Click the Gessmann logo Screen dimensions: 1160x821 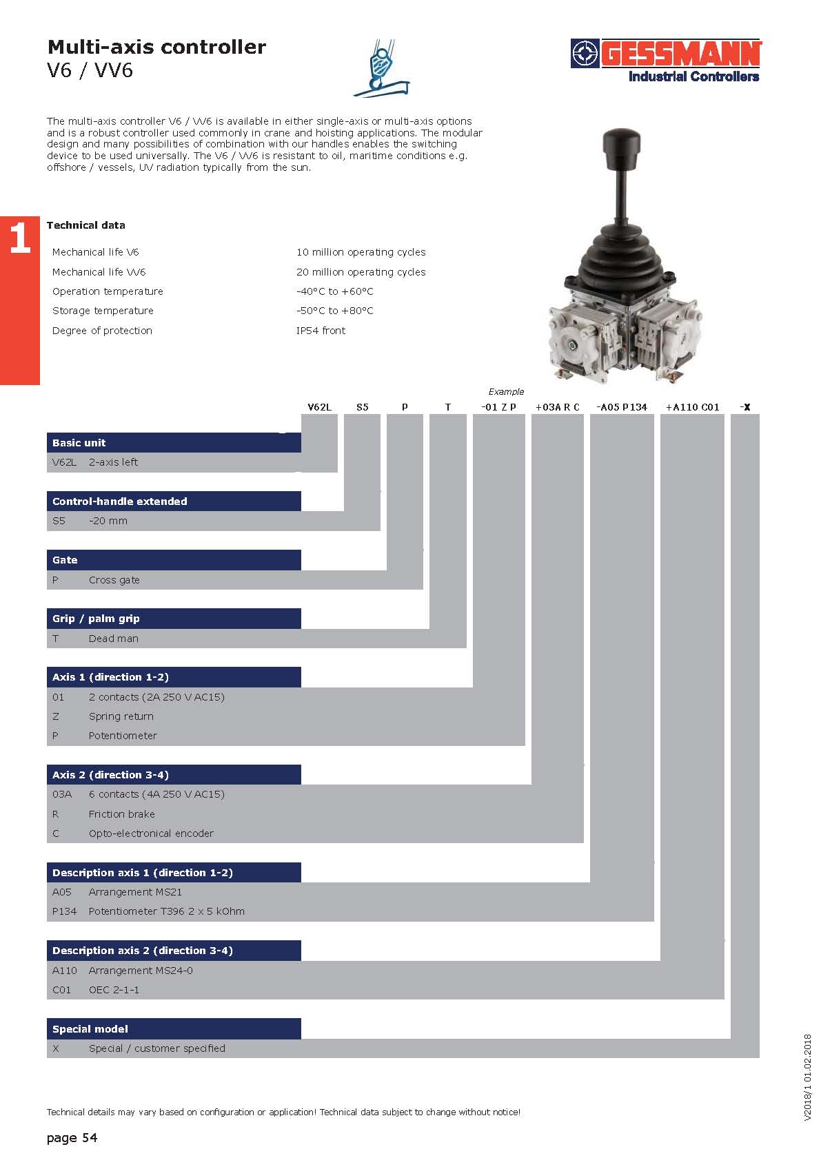(x=666, y=60)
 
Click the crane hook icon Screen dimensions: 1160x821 (x=381, y=68)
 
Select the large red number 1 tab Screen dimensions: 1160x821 (x=20, y=238)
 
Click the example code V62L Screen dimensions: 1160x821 (x=319, y=407)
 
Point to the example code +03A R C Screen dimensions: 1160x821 (x=557, y=407)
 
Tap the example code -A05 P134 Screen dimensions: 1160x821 (x=621, y=407)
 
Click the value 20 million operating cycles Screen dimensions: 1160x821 (x=361, y=272)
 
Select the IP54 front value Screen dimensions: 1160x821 (x=321, y=331)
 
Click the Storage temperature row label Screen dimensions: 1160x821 (x=103, y=311)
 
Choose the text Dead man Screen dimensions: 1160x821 (x=113, y=639)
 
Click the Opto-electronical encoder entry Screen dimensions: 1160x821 (x=151, y=833)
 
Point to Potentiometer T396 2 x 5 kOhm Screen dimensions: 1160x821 (x=166, y=911)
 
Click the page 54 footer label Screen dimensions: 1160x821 (x=72, y=1137)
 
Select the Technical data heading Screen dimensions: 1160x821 (x=85, y=225)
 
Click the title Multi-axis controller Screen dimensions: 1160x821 (x=156, y=47)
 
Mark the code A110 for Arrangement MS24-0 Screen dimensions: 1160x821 (x=64, y=971)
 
